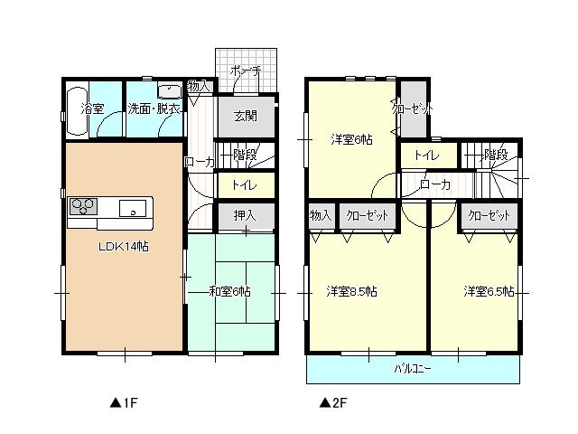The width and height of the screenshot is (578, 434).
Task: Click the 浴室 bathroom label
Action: pos(93,109)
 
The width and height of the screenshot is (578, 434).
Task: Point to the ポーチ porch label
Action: pos(245,70)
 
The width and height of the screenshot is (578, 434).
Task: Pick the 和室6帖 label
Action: pos(229,291)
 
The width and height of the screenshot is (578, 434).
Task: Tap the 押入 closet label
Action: pos(244,216)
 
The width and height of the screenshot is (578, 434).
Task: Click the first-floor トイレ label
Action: pos(244,185)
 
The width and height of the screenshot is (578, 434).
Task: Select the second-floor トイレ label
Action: pos(426,156)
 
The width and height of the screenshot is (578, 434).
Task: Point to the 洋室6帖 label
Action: pos(350,139)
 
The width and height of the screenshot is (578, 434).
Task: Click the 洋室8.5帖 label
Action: pos(351,291)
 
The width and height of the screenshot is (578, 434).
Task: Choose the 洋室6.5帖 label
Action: pos(489,291)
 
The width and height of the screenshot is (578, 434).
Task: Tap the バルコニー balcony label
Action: pos(413,369)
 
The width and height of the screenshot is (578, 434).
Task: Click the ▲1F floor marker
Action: pos(122,401)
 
